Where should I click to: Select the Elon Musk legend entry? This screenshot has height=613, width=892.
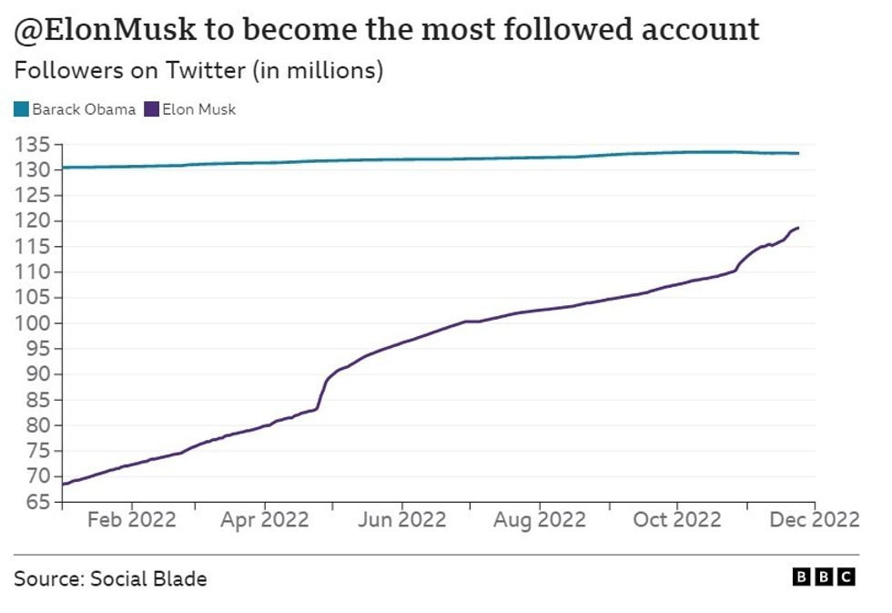click(x=198, y=109)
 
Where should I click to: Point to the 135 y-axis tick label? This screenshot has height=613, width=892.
click(x=32, y=145)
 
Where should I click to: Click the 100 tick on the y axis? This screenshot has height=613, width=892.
click(x=32, y=323)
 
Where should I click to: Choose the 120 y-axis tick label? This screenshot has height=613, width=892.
click(x=32, y=221)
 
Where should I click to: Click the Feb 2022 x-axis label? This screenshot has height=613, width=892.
click(x=131, y=519)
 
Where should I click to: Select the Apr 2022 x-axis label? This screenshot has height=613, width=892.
click(x=266, y=519)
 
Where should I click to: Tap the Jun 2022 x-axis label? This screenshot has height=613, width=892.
click(x=401, y=519)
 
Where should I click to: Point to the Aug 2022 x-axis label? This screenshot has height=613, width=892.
click(x=540, y=519)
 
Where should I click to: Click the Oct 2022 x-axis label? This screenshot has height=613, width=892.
click(x=676, y=519)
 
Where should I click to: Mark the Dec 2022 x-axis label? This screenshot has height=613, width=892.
click(x=814, y=519)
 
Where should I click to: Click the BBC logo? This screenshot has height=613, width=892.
click(x=824, y=577)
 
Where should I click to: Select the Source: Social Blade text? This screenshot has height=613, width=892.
click(x=110, y=578)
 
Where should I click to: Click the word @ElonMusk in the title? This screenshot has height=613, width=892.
click(x=105, y=30)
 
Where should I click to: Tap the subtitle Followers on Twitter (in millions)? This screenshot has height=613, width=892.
click(x=198, y=71)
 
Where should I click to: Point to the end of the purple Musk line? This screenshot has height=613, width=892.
click(x=798, y=228)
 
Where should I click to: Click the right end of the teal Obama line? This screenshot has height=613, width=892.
click(x=798, y=153)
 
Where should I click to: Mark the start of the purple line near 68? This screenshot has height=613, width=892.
click(x=62, y=484)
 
